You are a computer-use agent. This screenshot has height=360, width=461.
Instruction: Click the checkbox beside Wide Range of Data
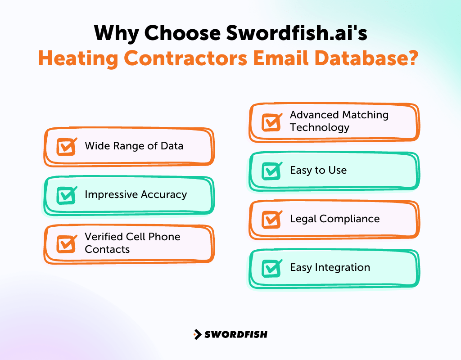point(66,147)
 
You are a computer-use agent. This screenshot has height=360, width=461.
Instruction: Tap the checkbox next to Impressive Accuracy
point(66,195)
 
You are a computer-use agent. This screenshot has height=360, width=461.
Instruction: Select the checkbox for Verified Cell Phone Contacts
point(66,243)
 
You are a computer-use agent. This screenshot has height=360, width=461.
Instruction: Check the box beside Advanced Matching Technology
point(271,122)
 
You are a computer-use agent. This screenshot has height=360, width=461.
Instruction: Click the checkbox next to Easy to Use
point(271,171)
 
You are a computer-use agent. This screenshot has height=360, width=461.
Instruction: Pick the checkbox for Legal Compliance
point(271,219)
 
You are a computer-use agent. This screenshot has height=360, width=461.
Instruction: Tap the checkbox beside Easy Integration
point(271,268)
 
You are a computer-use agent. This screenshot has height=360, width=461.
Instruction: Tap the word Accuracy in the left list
point(164,194)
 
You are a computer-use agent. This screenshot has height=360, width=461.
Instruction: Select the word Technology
point(319,127)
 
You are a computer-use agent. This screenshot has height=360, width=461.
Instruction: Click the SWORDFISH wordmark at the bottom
point(236,334)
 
